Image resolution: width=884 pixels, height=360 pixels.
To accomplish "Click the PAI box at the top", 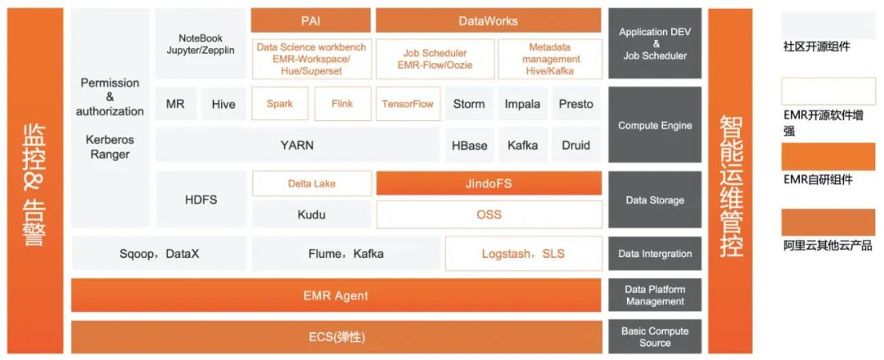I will coord(310,20).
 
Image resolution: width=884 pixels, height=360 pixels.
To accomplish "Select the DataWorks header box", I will coord(488,20).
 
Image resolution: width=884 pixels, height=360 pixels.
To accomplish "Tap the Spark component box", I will coord(280,104).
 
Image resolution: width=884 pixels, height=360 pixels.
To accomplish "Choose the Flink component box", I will coord(342,104).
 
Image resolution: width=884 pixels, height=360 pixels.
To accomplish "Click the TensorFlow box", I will coord(408,104).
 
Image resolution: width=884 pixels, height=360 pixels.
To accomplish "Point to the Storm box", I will coord(469,104).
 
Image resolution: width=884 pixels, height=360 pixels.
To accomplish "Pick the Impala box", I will coord(522,104).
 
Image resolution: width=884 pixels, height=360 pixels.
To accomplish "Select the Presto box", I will coord(576,104).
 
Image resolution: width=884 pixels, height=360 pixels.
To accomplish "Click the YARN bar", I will coord(296,146).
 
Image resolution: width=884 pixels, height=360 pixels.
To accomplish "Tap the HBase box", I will coord(469,146).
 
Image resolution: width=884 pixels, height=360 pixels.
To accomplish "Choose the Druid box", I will coord(576,146).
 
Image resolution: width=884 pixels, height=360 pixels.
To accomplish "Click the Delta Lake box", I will coord(311,183).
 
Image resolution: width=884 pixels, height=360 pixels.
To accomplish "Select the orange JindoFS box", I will coord(488,183).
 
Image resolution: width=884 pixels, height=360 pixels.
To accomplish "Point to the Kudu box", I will coord(311,214).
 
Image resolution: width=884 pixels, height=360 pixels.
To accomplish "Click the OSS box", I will coord(488,214).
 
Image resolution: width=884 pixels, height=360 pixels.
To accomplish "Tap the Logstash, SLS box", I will coord(523,254).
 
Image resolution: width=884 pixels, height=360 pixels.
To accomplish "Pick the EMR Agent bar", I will coord(336,295).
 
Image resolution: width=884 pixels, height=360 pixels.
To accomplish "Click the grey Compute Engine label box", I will coord(655,125).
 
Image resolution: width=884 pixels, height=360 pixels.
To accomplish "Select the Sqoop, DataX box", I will coord(159,254).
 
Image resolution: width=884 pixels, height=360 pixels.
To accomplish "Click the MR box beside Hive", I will coord(175,104).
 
